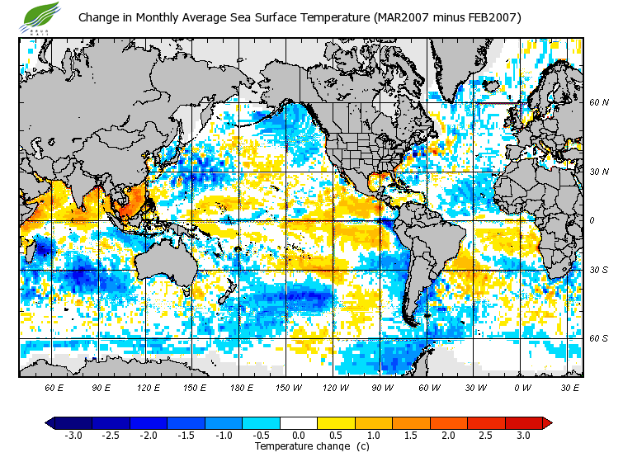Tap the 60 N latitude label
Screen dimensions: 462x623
click(x=598, y=103)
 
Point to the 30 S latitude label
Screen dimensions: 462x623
click(x=598, y=270)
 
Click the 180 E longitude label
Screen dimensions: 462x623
click(x=240, y=387)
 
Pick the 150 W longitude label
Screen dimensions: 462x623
click(x=288, y=387)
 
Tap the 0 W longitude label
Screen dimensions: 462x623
click(x=522, y=387)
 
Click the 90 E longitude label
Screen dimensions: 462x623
click(x=101, y=387)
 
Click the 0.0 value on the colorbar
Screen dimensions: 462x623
click(x=299, y=435)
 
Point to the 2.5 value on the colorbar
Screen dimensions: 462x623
click(x=486, y=435)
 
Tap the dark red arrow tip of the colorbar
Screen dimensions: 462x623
click(x=547, y=422)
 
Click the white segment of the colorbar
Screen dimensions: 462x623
click(x=299, y=422)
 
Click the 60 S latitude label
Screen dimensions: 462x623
click(x=598, y=338)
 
